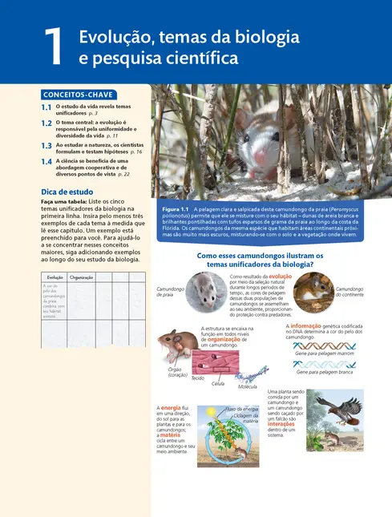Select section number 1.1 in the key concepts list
coord(46,107)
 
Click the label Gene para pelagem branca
coord(325,372)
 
